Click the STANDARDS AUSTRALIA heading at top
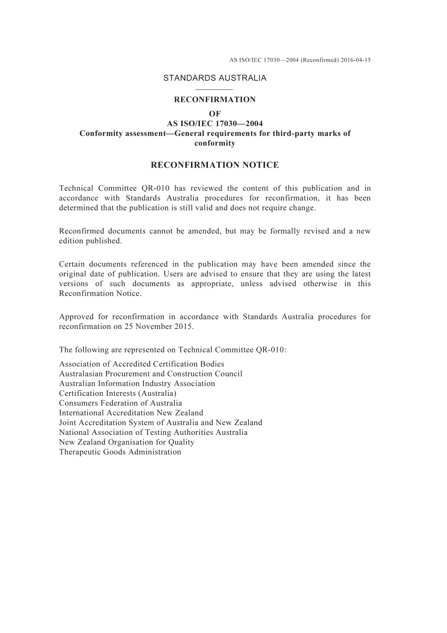tap(215, 78)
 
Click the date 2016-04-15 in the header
tap(356, 60)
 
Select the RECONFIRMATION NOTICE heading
tap(215, 165)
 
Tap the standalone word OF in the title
tap(215, 113)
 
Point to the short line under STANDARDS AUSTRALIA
tap(215, 89)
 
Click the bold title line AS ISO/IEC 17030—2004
tap(215, 124)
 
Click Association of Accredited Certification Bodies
tap(142, 364)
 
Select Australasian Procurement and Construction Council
tap(151, 374)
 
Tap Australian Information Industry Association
tap(137, 384)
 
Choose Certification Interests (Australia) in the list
tap(118, 393)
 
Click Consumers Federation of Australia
tap(120, 403)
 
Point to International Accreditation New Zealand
tap(131, 413)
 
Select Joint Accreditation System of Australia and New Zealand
tap(160, 423)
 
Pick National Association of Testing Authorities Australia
tap(153, 433)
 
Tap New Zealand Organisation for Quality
tap(127, 442)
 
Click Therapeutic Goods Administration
tap(120, 452)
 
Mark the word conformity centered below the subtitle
tap(215, 144)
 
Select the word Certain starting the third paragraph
tap(72, 264)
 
